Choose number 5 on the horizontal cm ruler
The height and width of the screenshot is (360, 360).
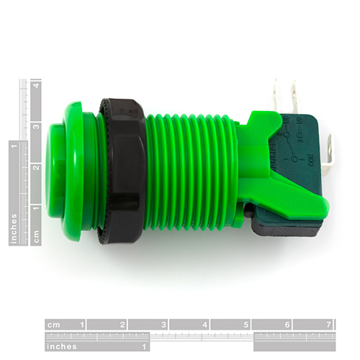pyautogui.click(x=246, y=325)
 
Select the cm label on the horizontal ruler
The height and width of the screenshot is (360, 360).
pyautogui.click(x=53, y=325)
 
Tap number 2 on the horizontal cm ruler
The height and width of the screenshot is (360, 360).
pyautogui.click(x=122, y=325)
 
